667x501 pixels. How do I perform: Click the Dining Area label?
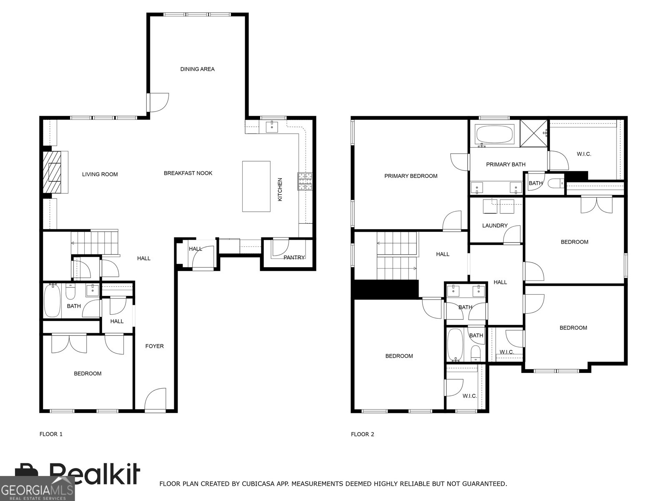pos(197,69)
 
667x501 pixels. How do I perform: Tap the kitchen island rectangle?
pos(256,186)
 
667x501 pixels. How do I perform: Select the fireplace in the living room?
pos(53,172)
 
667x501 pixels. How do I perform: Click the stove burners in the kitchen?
pos(305,181)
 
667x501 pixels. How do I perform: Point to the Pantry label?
pos(294,257)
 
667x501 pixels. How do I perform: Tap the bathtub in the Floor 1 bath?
pos(52,301)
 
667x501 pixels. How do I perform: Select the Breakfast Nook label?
pos(188,173)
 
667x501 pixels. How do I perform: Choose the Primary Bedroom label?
pos(411,176)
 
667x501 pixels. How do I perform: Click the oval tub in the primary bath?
pos(494,134)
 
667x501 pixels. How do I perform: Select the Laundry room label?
pos(494,225)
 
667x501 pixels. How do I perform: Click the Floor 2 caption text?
pos(362,434)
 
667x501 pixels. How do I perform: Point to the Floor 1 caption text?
pos(51,434)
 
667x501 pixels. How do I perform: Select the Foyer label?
pos(154,346)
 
